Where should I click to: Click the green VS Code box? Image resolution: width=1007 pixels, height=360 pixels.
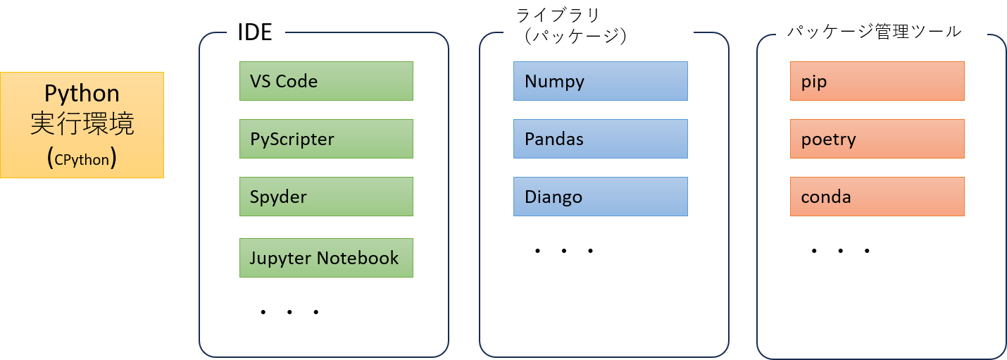tap(326, 82)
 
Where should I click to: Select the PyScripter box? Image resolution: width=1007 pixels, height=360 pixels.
tap(326, 139)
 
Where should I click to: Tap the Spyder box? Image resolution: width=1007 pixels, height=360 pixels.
tap(326, 197)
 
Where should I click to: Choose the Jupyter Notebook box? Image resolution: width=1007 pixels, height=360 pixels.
tap(326, 258)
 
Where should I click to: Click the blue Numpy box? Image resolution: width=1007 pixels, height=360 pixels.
tap(600, 82)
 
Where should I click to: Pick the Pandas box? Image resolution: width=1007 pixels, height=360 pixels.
tap(600, 139)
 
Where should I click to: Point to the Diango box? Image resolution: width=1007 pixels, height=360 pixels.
tap(600, 197)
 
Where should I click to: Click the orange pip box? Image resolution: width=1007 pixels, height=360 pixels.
tap(877, 82)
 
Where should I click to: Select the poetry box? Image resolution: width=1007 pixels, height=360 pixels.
tap(877, 139)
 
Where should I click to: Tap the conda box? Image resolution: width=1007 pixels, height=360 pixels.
tap(877, 197)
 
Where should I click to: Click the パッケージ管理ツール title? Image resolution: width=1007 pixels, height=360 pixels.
tap(874, 32)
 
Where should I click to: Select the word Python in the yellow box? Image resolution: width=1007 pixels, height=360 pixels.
tap(82, 94)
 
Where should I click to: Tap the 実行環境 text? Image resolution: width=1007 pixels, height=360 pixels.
tap(82, 125)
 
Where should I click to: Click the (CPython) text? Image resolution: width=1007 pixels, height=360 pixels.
tap(82, 159)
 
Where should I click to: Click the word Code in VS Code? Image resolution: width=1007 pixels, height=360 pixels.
tap(296, 82)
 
